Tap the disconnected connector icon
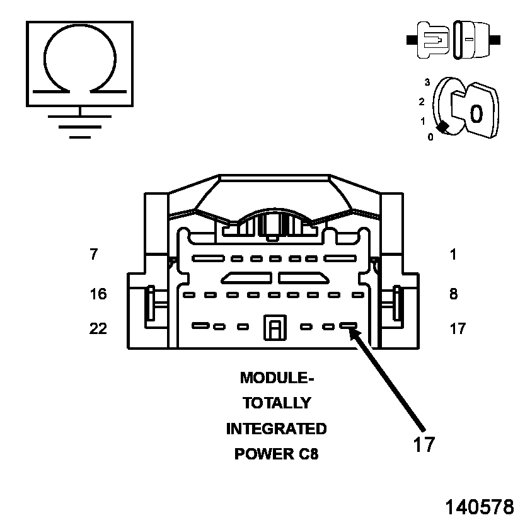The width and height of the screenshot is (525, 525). point(454,39)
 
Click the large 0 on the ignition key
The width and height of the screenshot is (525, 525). point(476,113)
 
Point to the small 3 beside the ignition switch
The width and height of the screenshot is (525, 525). point(427,83)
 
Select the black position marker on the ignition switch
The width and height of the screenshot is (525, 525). point(444,127)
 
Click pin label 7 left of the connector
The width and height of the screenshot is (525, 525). point(94,255)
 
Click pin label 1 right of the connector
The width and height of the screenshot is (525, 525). point(454,255)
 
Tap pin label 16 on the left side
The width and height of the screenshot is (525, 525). point(98,294)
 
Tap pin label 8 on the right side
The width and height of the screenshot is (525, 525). point(454,294)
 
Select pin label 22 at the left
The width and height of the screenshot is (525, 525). point(98,328)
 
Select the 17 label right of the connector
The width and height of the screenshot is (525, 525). point(458,328)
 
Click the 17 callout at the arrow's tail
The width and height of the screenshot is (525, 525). point(424,444)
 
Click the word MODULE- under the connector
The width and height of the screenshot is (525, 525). point(276,378)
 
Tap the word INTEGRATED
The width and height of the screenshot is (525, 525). point(276,429)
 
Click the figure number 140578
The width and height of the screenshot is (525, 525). point(480,507)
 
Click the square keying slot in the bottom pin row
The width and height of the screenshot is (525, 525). point(275,328)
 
